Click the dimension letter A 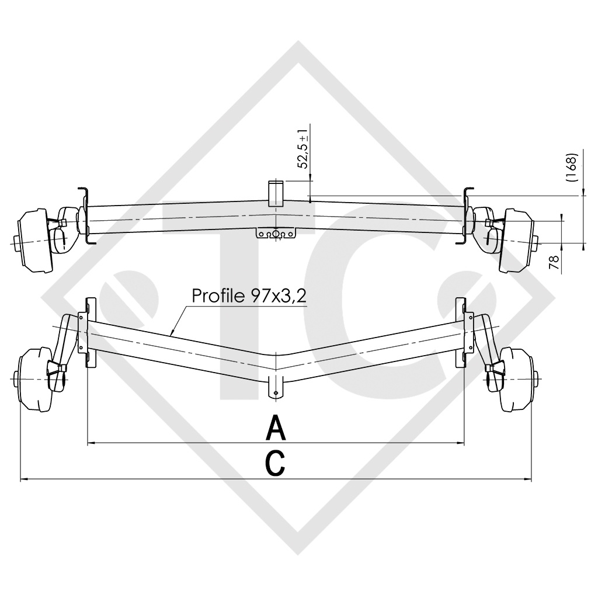[x=276, y=428]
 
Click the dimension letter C [x=276, y=463]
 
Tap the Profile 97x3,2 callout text [x=249, y=295]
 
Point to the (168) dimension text [x=572, y=166]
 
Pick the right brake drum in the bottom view [x=517, y=380]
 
